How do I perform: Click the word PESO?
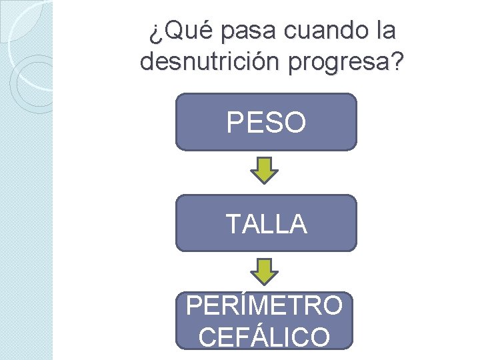pyautogui.click(x=267, y=123)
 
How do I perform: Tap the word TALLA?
pyautogui.click(x=267, y=225)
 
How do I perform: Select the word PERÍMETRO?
pyautogui.click(x=265, y=306)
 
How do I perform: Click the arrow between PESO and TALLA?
pyautogui.click(x=265, y=171)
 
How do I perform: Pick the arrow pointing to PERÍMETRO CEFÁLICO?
pyautogui.click(x=265, y=272)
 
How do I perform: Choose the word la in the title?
pyautogui.click(x=385, y=31)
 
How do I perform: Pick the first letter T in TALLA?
pyautogui.click(x=233, y=225)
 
